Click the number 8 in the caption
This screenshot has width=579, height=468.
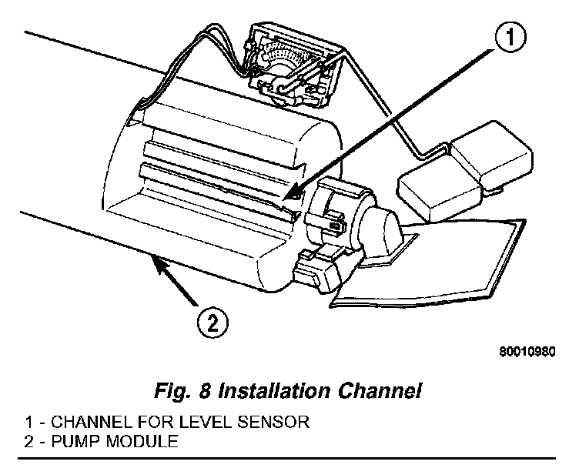[206, 391]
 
